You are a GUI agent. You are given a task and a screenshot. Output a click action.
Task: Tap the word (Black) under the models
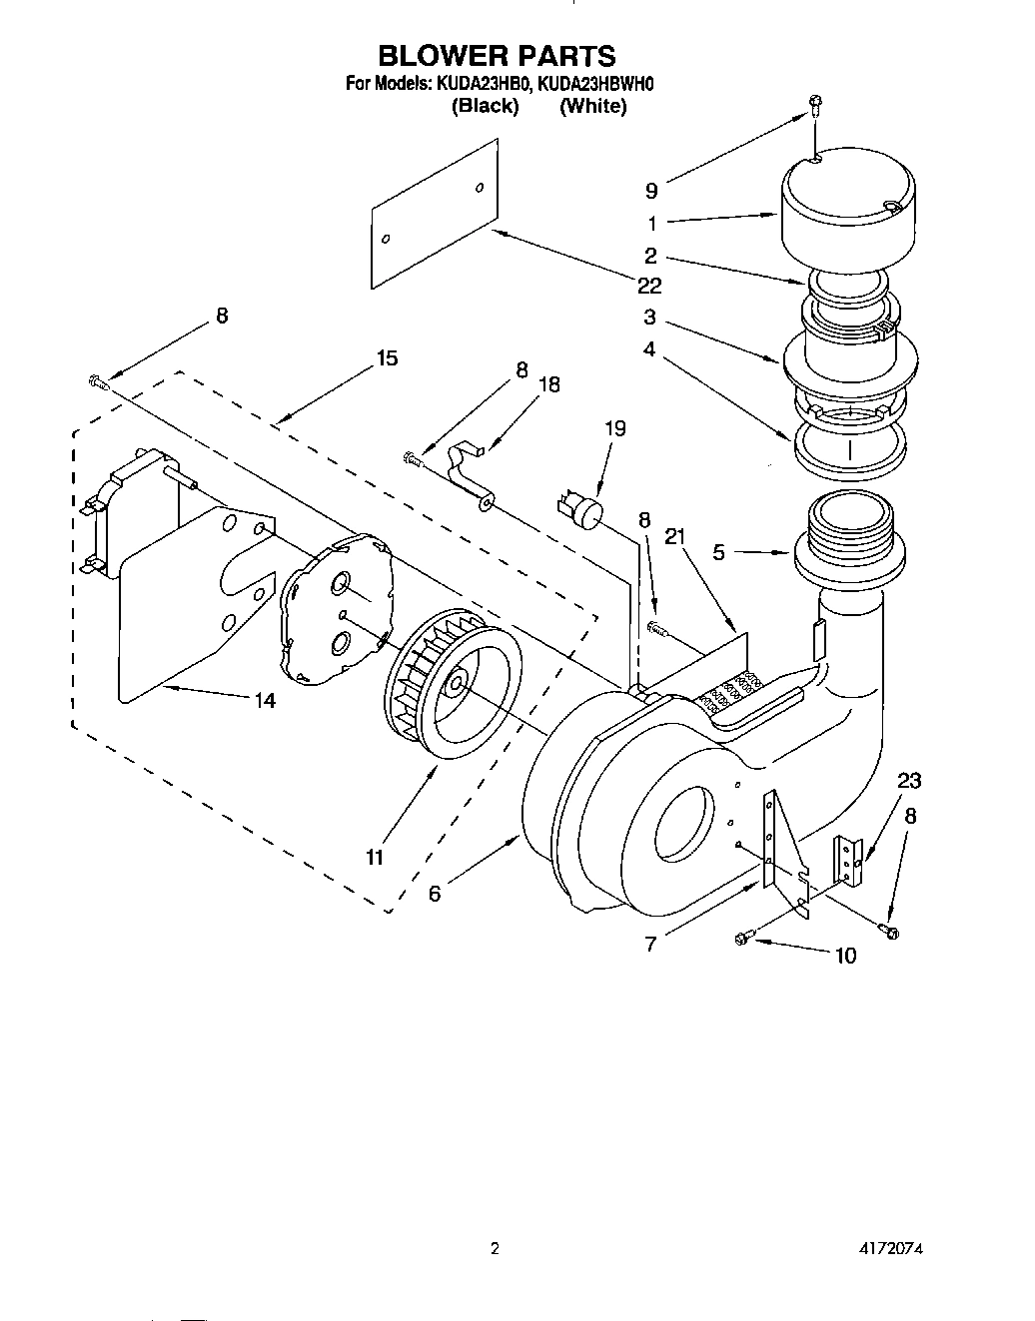click(x=485, y=106)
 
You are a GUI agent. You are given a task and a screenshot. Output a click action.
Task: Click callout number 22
click(x=649, y=286)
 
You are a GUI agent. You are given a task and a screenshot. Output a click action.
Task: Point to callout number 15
click(x=387, y=357)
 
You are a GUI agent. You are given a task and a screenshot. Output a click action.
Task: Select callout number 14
click(x=264, y=700)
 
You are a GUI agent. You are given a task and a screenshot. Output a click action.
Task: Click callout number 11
click(x=375, y=856)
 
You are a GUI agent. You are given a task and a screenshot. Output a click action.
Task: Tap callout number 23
click(x=909, y=780)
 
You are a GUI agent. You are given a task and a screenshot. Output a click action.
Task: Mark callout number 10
click(x=845, y=956)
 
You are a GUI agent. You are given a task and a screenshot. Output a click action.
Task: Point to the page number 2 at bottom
click(x=494, y=1248)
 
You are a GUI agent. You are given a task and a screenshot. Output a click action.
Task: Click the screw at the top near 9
click(x=815, y=103)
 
